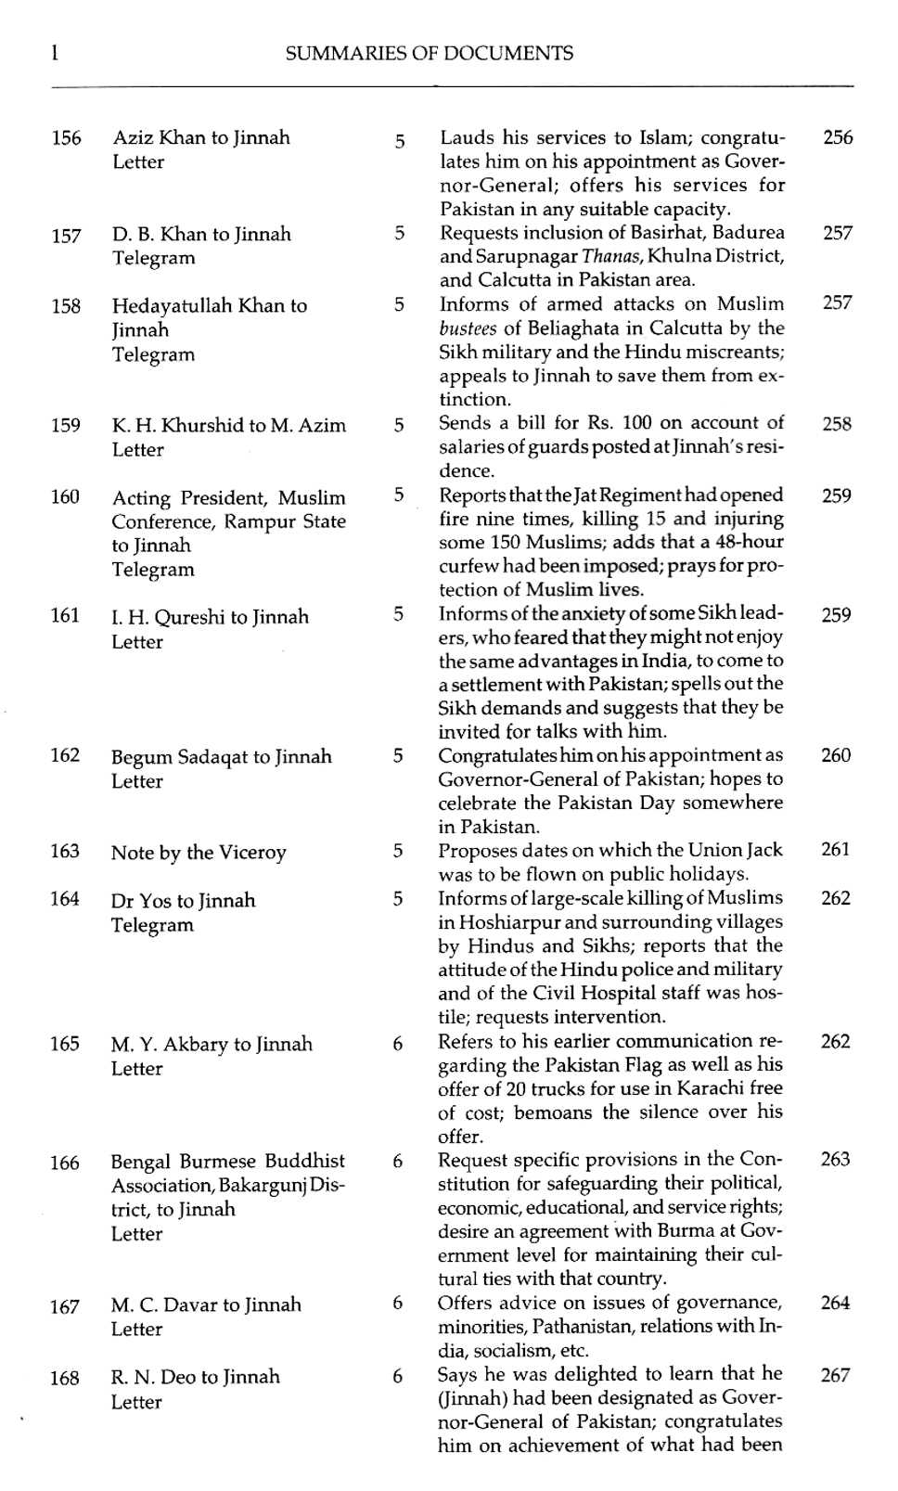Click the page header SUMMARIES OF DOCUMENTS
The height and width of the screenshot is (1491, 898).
(x=429, y=54)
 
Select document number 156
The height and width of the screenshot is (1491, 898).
(x=66, y=139)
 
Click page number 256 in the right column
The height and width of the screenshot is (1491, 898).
(x=838, y=138)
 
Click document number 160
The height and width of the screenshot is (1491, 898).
(x=65, y=496)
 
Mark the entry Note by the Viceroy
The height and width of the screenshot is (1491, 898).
(x=199, y=853)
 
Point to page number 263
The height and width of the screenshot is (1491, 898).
(x=835, y=1160)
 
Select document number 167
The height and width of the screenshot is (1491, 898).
(x=64, y=1307)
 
